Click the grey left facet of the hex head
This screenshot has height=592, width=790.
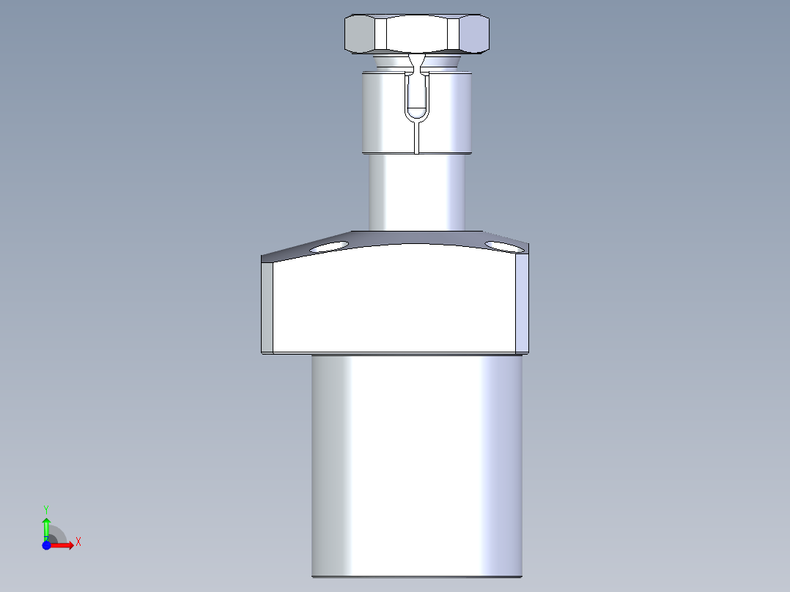tap(360, 33)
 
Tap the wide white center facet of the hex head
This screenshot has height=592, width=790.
tap(417, 32)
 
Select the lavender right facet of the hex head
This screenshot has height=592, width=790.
tap(474, 33)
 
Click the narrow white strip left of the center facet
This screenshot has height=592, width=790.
tap(381, 33)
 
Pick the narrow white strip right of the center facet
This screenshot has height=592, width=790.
tap(453, 33)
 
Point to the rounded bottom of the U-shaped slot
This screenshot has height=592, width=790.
tap(417, 115)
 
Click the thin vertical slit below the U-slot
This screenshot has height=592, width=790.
tap(417, 138)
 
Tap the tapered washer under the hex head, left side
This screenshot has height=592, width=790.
tap(391, 61)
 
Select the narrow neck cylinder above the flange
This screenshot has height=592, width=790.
tap(417, 192)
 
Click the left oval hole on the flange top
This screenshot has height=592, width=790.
tap(328, 247)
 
